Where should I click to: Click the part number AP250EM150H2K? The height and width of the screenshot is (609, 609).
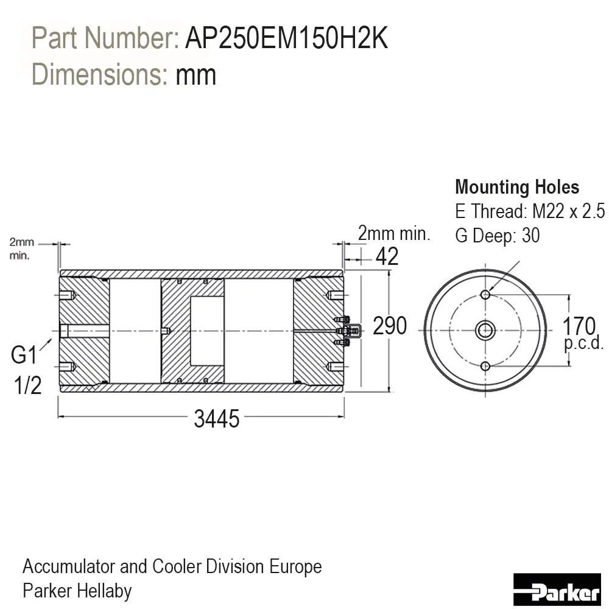point(287,38)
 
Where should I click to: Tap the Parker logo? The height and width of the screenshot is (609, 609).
point(557,589)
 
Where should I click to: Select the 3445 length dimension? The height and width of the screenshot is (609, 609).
point(217,419)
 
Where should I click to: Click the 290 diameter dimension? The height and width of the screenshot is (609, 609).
point(390,325)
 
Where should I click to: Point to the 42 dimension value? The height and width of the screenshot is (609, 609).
point(387,256)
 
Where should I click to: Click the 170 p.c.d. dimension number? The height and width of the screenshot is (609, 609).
point(579,326)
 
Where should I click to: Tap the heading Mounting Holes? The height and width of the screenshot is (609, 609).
point(517,187)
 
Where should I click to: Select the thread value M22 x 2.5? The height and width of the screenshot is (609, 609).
point(568,211)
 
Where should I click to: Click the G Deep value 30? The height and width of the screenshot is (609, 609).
point(530,235)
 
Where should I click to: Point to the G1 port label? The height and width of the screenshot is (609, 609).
point(24,354)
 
